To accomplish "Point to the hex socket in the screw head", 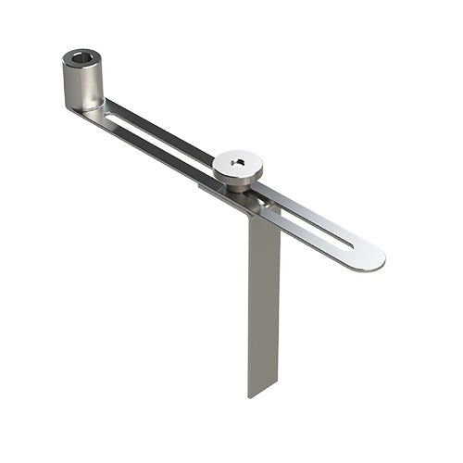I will click(238, 166).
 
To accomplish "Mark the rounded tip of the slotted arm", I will click(375, 258).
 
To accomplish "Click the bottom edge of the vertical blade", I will click(264, 394).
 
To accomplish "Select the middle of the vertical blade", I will click(264, 306).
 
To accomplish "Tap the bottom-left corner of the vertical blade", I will click(249, 397).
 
